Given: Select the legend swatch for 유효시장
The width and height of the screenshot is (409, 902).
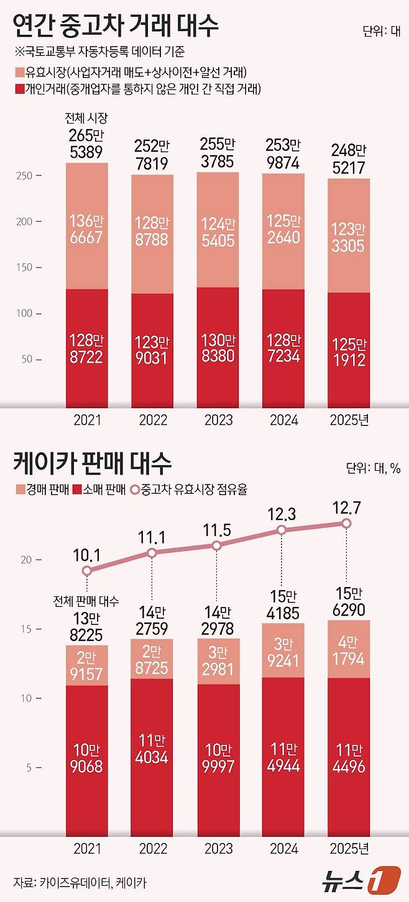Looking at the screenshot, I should pyautogui.click(x=17, y=72).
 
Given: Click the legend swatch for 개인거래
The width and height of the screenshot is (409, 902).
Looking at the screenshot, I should pyautogui.click(x=17, y=89).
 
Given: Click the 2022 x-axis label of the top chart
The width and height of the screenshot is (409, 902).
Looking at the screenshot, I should pyautogui.click(x=152, y=420).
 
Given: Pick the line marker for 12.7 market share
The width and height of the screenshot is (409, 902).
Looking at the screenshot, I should pyautogui.click(x=347, y=524).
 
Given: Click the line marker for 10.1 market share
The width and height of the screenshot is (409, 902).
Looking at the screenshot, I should pyautogui.click(x=87, y=570).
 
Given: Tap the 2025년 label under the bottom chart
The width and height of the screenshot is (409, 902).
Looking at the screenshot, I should pyautogui.click(x=347, y=849).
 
